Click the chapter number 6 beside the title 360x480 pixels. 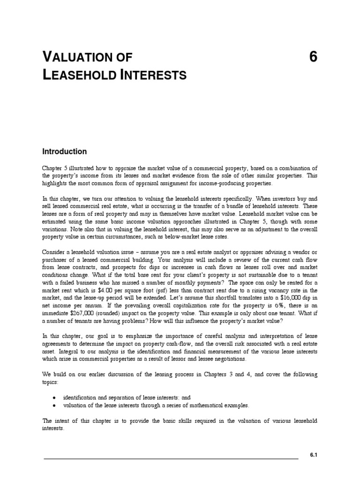[314, 57]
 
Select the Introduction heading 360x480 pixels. [65, 151]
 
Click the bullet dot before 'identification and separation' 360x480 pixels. [55, 397]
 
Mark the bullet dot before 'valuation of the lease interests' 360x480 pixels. [55, 405]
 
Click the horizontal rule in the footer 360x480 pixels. [171, 459]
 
